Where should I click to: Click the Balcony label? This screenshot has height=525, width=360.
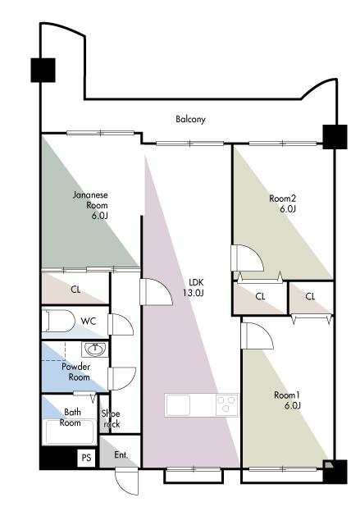click(190, 119)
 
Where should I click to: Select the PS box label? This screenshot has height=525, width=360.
click(86, 457)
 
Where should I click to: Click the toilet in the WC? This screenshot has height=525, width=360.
click(58, 322)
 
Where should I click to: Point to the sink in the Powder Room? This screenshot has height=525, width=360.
click(95, 349)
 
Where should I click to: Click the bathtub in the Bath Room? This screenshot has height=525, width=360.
click(70, 431)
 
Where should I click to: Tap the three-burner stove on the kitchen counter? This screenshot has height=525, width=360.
click(227, 405)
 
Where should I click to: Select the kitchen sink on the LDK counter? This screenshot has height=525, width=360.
click(178, 405)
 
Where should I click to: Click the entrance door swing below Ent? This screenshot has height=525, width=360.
click(126, 482)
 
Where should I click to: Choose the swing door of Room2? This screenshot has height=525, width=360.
click(247, 258)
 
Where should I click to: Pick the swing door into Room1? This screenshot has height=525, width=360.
click(257, 336)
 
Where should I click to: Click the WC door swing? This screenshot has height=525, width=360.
click(121, 325)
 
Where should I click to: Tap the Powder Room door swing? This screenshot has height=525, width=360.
click(122, 379)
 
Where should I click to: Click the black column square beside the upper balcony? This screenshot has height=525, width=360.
click(43, 70)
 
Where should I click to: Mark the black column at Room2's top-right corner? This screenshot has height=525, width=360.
click(335, 137)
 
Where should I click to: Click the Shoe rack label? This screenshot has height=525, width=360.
click(112, 419)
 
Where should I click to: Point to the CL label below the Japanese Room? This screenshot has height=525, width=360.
click(76, 290)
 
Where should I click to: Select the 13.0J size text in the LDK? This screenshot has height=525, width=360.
click(194, 293)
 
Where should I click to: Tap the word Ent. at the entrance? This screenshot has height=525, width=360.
click(121, 455)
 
